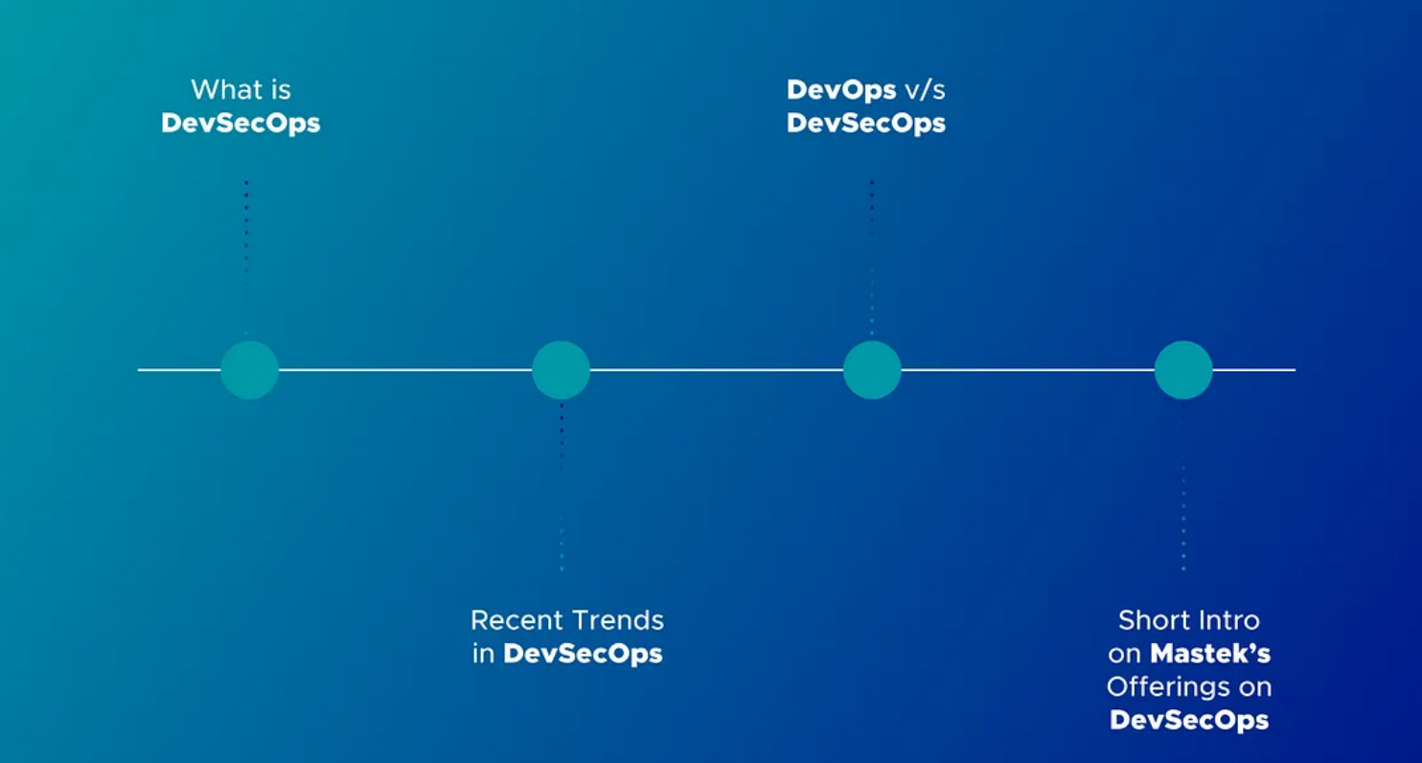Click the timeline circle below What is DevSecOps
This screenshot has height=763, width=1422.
point(249,370)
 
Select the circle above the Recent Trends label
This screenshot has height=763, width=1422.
point(561,370)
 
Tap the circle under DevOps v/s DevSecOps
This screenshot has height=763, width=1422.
point(872,370)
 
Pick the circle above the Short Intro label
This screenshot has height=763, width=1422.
point(1183,370)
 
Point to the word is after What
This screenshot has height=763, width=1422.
point(281,90)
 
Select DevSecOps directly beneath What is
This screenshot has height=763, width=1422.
point(241,124)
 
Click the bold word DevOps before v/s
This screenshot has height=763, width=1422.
point(841,90)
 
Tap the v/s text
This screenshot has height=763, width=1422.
point(926,90)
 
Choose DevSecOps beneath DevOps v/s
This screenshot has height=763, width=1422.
point(866,124)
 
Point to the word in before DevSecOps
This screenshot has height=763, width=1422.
point(483,655)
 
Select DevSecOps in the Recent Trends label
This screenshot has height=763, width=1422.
point(583,655)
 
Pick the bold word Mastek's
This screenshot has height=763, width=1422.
point(1210,654)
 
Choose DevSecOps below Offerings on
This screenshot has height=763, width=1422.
point(1189,721)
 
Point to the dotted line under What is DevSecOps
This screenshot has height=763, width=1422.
point(246,240)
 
